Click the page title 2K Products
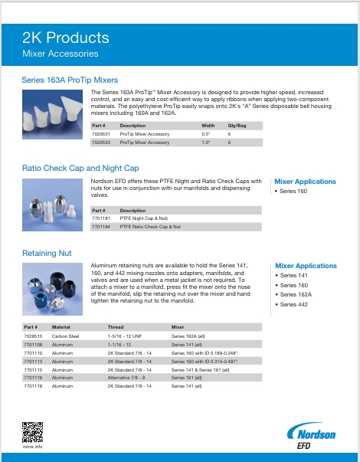point(65,38)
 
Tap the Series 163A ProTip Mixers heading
point(70,80)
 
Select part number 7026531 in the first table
point(101,134)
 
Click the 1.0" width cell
point(206,143)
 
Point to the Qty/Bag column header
point(237,125)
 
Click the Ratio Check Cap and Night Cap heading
point(80,168)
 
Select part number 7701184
point(101,227)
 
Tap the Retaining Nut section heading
point(47,252)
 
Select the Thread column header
point(115,327)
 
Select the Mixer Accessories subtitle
point(61,54)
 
